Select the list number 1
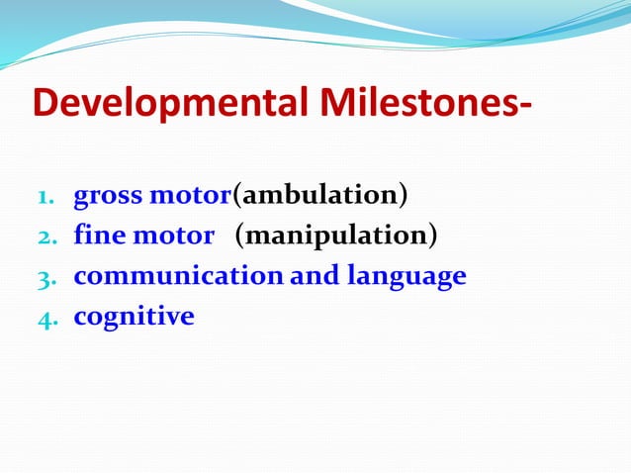click(x=45, y=196)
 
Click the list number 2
click(x=45, y=236)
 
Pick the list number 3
click(x=45, y=277)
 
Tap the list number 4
click(x=45, y=318)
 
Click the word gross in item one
click(x=109, y=196)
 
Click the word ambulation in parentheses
click(x=319, y=195)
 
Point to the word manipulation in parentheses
click(x=335, y=236)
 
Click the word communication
click(x=178, y=276)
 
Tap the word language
click(x=406, y=277)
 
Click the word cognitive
click(x=134, y=317)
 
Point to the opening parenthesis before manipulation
click(x=239, y=236)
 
